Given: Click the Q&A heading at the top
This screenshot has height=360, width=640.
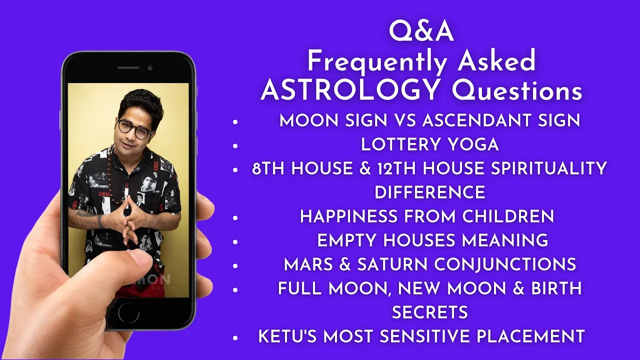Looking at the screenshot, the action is coord(421,32).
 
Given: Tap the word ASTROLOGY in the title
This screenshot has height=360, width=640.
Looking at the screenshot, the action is coord(350,90).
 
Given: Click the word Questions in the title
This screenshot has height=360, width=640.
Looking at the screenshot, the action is coord(516,90).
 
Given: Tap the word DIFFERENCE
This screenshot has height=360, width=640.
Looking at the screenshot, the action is coord(429,192).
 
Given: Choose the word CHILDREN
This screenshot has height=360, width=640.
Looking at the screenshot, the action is coord(508,216).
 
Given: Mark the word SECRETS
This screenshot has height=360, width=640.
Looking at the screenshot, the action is coord(429,312).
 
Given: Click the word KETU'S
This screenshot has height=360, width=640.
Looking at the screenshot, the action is coord(287,336).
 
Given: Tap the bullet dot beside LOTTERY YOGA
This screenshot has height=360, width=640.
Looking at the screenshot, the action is coord(235,146).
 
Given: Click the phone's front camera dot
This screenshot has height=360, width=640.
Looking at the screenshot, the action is coord(150,67).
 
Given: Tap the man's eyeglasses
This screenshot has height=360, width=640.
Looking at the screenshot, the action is coord(134,129).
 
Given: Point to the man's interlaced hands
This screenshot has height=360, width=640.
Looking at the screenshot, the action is coord(130,220).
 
